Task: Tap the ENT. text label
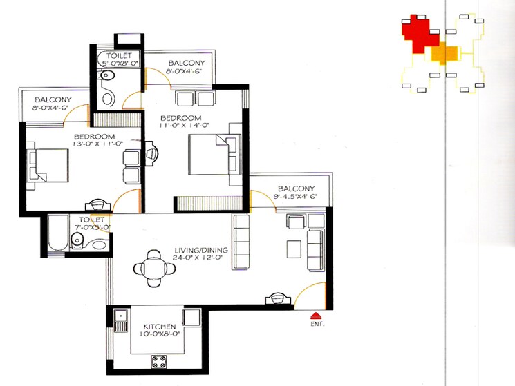click(x=318, y=323)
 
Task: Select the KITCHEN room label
click(x=160, y=326)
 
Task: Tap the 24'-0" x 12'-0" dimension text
click(x=200, y=259)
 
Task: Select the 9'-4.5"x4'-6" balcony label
click(x=297, y=197)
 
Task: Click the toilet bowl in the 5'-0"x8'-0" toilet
click(x=108, y=97)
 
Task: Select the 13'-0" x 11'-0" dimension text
click(x=98, y=144)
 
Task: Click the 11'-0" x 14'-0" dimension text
click(x=185, y=126)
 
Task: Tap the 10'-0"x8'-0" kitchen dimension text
click(x=160, y=335)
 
